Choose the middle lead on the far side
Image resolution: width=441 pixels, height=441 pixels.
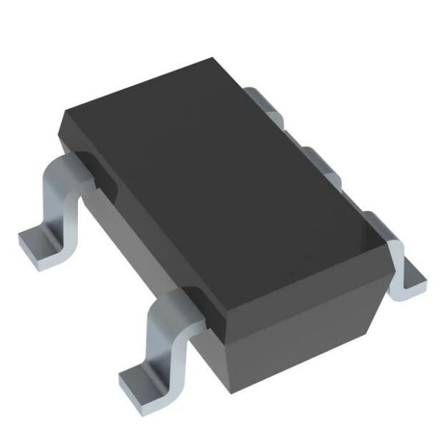point(320,162)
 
